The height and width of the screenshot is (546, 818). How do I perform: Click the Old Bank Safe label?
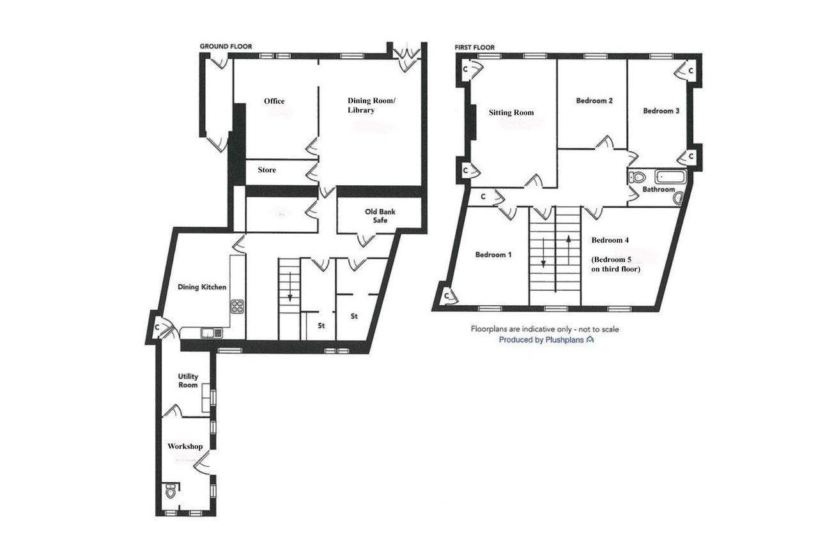380,216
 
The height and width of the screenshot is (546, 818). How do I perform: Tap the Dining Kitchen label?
202,287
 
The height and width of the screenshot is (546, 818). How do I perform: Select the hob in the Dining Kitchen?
237,307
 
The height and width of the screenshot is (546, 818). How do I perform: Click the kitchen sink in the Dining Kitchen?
212,333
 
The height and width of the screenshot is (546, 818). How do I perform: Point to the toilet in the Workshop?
171,491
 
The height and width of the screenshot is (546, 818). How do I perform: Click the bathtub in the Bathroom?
670,177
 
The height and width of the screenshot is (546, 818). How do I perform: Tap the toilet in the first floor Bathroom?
637,178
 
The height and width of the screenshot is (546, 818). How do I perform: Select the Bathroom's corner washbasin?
678,198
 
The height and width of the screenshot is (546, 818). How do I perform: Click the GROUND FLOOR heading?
226,47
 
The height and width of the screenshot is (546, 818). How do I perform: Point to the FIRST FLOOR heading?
475,47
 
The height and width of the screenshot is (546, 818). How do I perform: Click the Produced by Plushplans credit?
546,340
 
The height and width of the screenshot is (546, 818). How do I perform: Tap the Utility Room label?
188,381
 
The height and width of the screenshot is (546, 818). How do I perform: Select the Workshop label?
185,446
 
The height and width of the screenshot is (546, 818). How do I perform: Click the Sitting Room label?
511,112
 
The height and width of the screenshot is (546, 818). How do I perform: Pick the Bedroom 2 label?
594,100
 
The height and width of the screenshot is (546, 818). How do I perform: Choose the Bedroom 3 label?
661,110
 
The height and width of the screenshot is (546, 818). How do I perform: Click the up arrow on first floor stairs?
569,250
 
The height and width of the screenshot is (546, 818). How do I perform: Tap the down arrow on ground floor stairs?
290,287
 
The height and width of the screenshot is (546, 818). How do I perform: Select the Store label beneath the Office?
266,170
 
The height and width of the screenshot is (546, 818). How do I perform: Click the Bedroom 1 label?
493,254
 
